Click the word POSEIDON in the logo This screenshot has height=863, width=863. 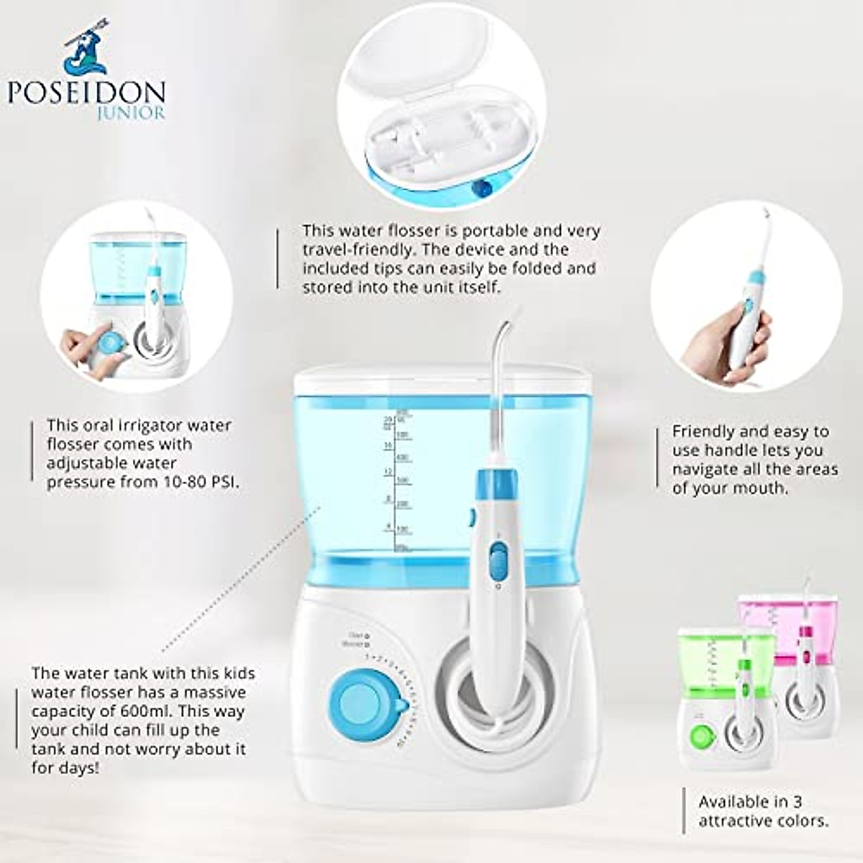coord(86,92)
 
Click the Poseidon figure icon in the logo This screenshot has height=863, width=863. coord(85,50)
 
